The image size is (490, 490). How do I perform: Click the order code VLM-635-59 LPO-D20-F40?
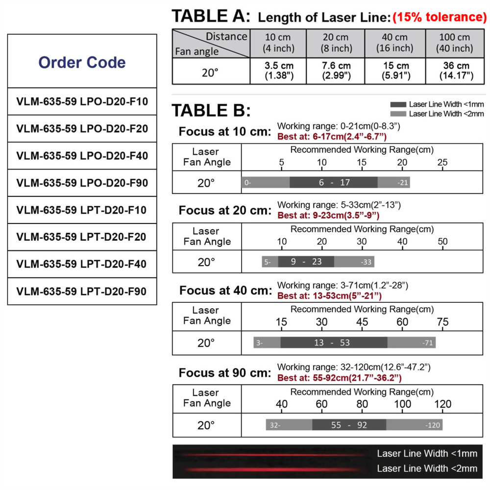82,156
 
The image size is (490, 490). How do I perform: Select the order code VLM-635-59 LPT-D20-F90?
82,291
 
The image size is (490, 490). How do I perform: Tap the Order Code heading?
82,62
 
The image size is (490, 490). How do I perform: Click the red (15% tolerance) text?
440,17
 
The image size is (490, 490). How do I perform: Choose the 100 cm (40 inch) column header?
455,43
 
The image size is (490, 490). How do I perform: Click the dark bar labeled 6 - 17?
334,182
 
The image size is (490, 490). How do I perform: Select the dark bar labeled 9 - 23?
306,262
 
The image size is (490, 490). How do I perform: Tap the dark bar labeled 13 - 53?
334,343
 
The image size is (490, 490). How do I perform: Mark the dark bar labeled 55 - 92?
349,425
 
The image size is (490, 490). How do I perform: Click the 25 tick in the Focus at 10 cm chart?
442,162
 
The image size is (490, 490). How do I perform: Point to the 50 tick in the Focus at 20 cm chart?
442,242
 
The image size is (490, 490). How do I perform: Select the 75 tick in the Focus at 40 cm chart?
442,322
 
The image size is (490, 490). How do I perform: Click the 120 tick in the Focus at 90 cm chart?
442,404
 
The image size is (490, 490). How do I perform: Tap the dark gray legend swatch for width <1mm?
398,105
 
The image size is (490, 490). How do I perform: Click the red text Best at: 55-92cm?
340,378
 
